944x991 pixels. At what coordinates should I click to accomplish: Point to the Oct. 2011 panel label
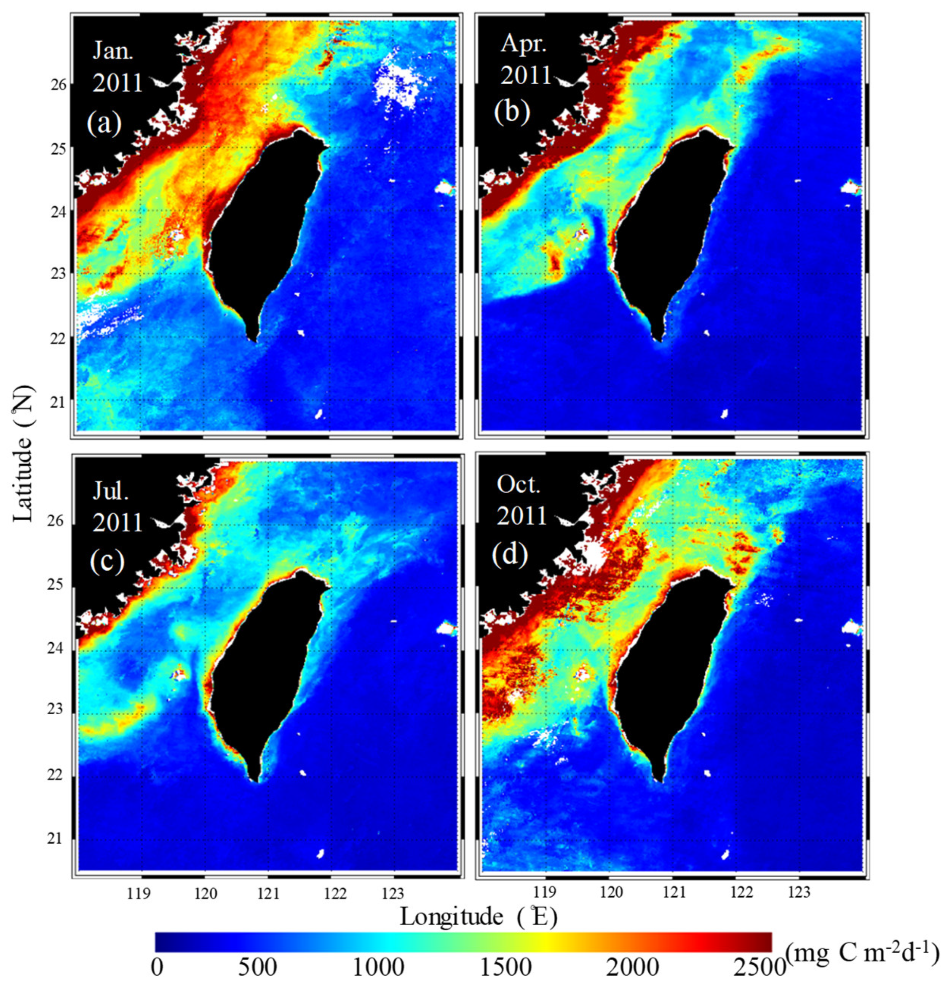coord(520,500)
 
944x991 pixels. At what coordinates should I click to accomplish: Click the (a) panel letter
coord(104,122)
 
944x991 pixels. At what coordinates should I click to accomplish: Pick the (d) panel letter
coord(510,555)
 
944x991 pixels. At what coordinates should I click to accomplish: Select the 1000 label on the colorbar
coord(378,968)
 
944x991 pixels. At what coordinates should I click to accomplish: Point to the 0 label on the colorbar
coord(157,968)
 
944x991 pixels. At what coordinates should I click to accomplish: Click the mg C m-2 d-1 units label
coord(862,954)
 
